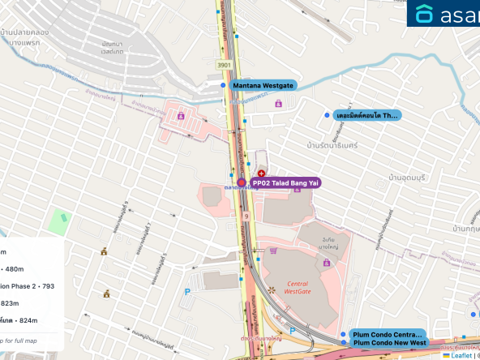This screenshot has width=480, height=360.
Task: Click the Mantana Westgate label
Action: point(264,85)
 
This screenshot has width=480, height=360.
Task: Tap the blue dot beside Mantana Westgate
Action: point(223,84)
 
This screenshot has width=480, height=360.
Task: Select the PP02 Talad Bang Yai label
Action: point(285,183)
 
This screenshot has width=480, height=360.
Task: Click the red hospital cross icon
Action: point(261,174)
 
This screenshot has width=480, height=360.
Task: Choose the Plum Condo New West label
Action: point(389,343)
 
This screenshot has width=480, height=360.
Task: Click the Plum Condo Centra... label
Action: point(387,334)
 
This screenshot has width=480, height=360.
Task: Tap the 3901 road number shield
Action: point(223,65)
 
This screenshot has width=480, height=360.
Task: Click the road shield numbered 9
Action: point(245,216)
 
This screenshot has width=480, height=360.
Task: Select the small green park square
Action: point(58,219)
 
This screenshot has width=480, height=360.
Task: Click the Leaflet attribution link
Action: point(461,355)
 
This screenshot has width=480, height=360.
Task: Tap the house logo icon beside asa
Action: point(425,14)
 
